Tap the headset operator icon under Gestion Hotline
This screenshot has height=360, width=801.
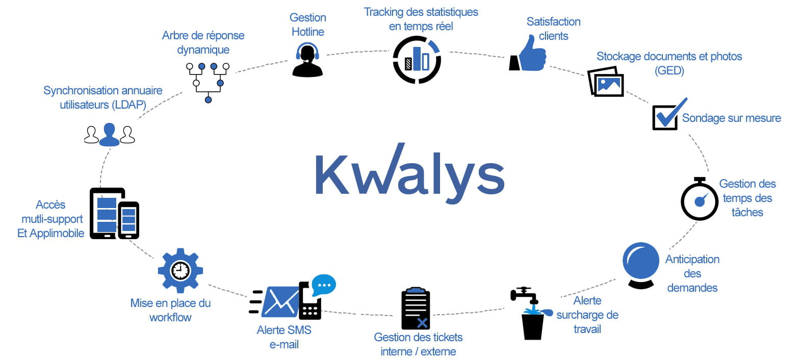[307, 60]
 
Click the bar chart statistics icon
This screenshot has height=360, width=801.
[417, 60]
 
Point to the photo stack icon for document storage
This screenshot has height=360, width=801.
[606, 82]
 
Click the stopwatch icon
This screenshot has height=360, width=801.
[700, 199]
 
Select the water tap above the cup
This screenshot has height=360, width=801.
[524, 295]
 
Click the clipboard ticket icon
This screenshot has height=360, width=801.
[416, 308]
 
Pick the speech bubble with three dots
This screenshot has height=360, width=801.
[324, 285]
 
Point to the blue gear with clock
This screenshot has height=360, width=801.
[180, 270]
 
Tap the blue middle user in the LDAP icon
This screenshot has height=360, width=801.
[109, 135]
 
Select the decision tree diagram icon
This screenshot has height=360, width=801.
[208, 82]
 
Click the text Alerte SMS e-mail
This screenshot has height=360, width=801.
[284, 337]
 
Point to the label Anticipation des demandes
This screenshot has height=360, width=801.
[692, 273]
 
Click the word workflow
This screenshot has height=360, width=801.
[170, 317]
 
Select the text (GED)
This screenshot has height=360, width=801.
[669, 70]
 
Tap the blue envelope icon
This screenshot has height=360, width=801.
[280, 301]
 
